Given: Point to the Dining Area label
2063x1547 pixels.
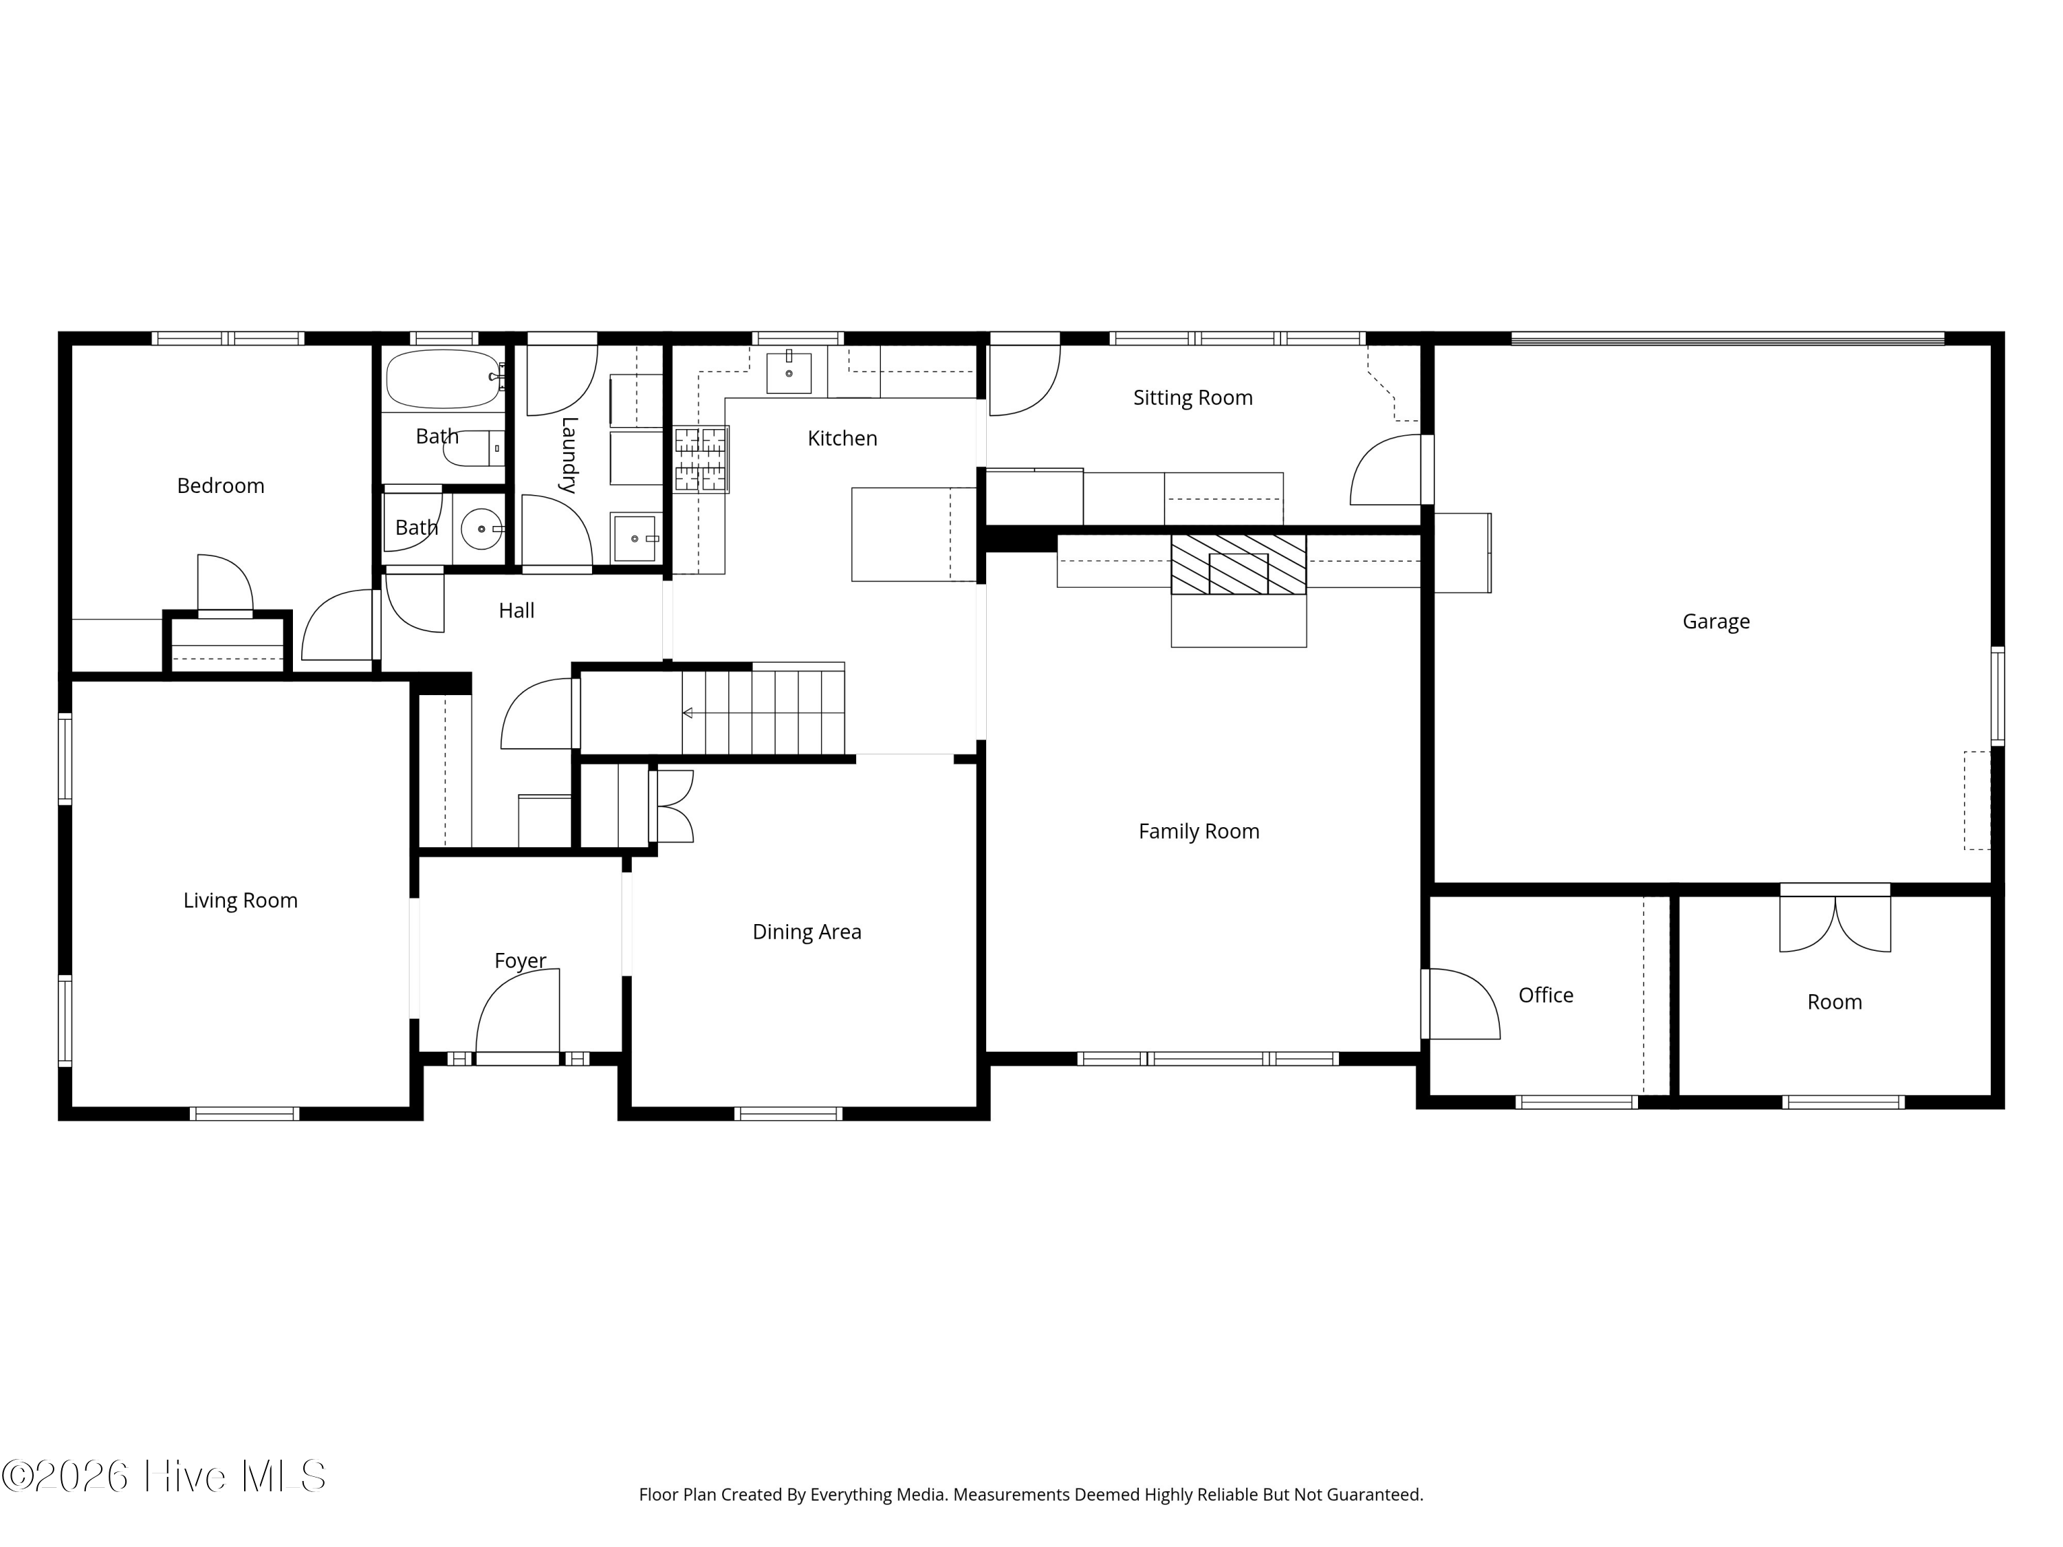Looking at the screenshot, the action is (x=807, y=932).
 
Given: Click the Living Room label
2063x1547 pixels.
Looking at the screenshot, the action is (x=240, y=901).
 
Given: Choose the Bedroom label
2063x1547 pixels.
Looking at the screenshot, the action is (x=220, y=486).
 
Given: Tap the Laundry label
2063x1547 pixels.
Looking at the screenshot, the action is (x=569, y=455).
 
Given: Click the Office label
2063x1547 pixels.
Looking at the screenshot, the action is (x=1545, y=995).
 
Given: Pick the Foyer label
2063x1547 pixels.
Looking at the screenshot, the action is (x=519, y=961).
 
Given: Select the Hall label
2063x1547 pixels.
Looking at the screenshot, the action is (x=516, y=611).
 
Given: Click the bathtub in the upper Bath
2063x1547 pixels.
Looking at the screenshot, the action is (x=445, y=379).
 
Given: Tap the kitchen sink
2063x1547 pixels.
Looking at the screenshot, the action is (x=788, y=372).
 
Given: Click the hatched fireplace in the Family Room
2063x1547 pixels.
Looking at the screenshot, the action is (x=1238, y=564).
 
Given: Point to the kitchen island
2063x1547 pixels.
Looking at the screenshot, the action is (x=914, y=534).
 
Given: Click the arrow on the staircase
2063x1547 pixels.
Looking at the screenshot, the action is (x=688, y=714).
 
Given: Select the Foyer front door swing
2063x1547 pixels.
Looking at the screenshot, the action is (x=518, y=1013).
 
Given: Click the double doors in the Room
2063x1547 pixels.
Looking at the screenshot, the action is (x=1835, y=923).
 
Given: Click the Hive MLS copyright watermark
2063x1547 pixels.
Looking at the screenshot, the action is (x=163, y=1476).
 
